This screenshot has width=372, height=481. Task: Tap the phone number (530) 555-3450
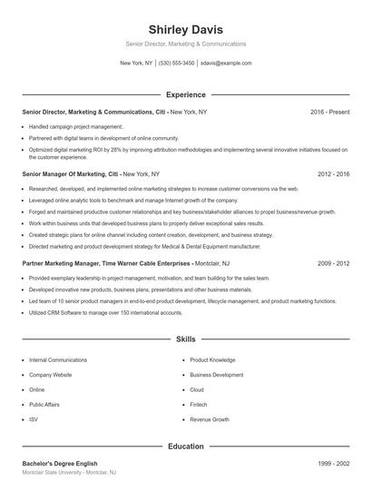[x=176, y=64]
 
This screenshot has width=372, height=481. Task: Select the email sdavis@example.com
[x=227, y=64]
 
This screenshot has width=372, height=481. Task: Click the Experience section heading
[x=185, y=94]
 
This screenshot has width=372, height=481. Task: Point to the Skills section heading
[x=185, y=339]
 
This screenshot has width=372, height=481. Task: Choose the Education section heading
[x=185, y=447]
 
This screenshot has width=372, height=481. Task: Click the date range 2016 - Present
[x=330, y=112]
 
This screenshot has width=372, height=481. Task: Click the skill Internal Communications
[x=58, y=359]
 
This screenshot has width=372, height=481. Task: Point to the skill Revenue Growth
[x=210, y=419]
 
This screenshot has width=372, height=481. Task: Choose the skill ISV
[x=34, y=419]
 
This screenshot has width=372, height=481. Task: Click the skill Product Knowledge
[x=212, y=359]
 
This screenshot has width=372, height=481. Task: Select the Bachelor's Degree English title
[x=60, y=464]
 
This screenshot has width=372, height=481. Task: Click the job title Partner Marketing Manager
[x=60, y=262]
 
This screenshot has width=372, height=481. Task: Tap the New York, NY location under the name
[x=136, y=64]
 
